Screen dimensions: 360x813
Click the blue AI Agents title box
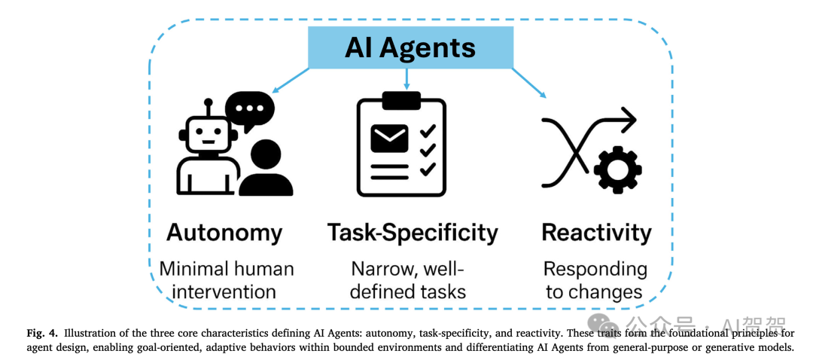click(410, 47)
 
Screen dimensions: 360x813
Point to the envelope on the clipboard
click(389, 138)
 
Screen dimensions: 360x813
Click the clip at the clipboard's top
click(401, 99)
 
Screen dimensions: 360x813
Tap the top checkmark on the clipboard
click(428, 132)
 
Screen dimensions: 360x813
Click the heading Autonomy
click(224, 232)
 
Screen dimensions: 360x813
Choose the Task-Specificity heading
click(413, 233)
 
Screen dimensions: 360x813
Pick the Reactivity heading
click(596, 232)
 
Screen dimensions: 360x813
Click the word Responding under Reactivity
click(595, 269)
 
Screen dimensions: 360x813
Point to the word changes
click(615, 291)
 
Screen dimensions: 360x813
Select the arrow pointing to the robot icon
click(290, 80)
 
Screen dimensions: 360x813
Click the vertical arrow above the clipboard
click(407, 78)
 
